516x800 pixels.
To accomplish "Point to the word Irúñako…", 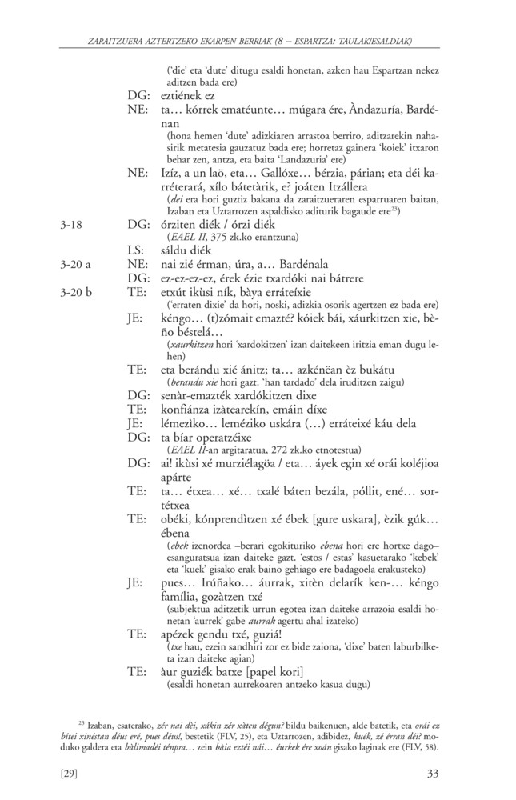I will [222, 582].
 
